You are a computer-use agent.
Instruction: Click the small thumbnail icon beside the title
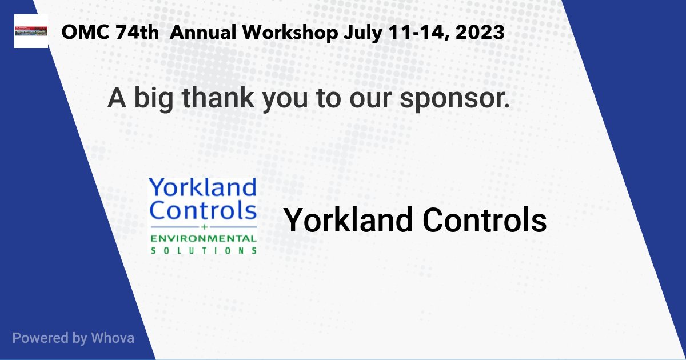pos(31,32)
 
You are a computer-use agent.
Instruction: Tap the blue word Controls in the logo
pos(202,210)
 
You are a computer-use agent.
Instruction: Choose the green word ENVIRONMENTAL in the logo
pos(203,238)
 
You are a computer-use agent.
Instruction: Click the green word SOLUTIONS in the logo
pos(203,250)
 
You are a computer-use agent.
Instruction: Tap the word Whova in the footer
pos(112,338)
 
